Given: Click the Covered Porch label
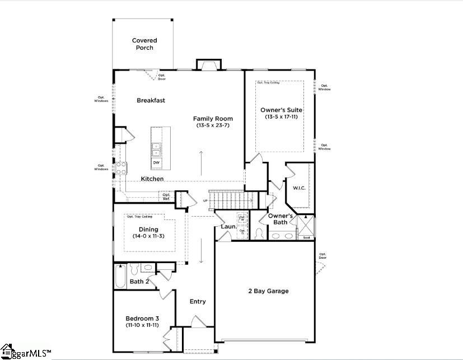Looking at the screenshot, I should tap(144, 44).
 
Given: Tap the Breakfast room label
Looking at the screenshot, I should tap(151, 101).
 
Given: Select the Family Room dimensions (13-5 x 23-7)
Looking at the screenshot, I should tap(213, 126).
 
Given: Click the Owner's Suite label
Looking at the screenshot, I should tap(281, 110).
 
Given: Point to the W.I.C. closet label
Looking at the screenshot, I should tap(299, 188).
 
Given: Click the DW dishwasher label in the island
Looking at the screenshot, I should tap(156, 163).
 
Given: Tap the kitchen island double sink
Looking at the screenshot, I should tap(156, 149).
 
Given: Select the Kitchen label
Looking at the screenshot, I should tap(152, 179).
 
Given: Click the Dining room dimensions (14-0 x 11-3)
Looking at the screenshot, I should tap(148, 236).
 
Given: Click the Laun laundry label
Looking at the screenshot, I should tap(228, 227).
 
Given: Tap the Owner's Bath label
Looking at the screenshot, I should tap(280, 219).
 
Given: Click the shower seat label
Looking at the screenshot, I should tap(306, 237).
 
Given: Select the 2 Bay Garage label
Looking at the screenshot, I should tap(268, 291).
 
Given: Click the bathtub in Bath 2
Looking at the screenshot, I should tap(120, 276).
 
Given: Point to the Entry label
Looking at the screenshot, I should tap(198, 301).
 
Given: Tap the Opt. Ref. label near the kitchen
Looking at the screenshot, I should tap(166, 197).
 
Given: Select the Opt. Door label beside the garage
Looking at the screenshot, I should tap(322, 256).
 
